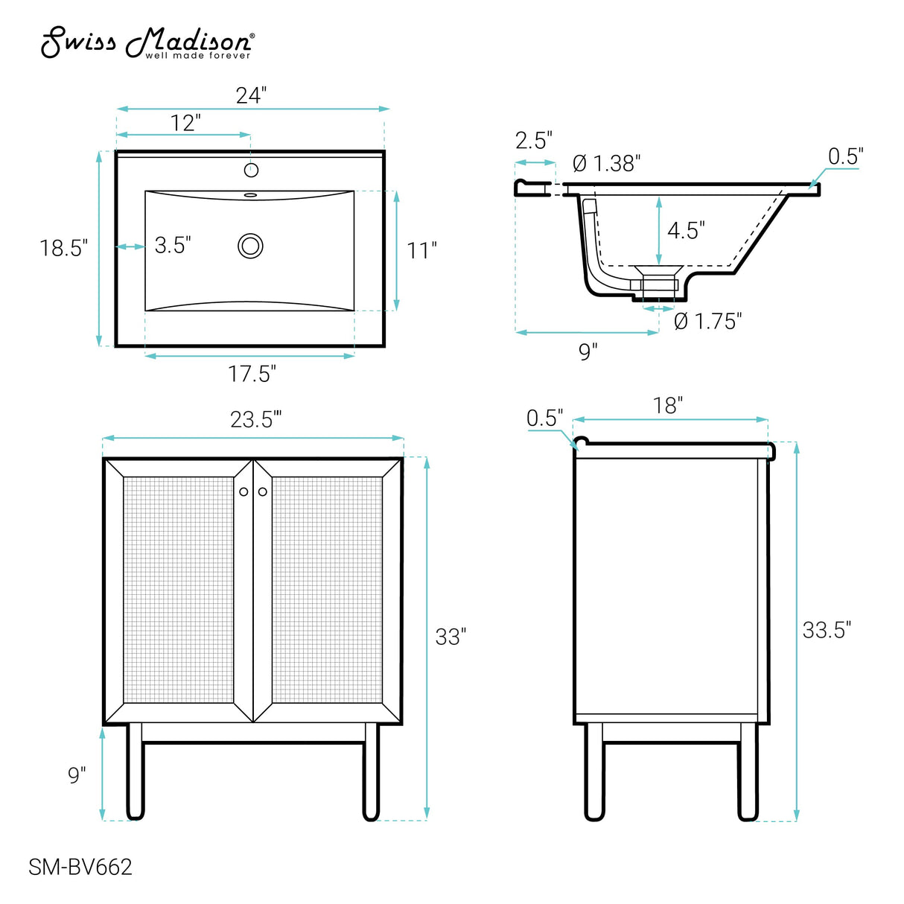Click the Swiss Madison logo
(147, 42)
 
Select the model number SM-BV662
(80, 867)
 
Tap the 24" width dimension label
(251, 95)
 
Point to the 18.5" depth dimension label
(63, 248)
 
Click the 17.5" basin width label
(252, 373)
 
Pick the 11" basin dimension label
(421, 250)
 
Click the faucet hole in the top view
(252, 170)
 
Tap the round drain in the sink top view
(251, 246)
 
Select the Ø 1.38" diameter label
(606, 163)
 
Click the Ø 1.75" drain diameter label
(707, 322)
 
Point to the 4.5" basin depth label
(686, 230)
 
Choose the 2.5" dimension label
(533, 140)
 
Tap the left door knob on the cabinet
(243, 491)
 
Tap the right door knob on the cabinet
(262, 491)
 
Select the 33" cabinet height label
(451, 637)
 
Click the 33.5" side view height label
(826, 630)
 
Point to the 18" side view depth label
(667, 405)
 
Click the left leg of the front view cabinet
(135, 771)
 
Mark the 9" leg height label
(77, 775)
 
